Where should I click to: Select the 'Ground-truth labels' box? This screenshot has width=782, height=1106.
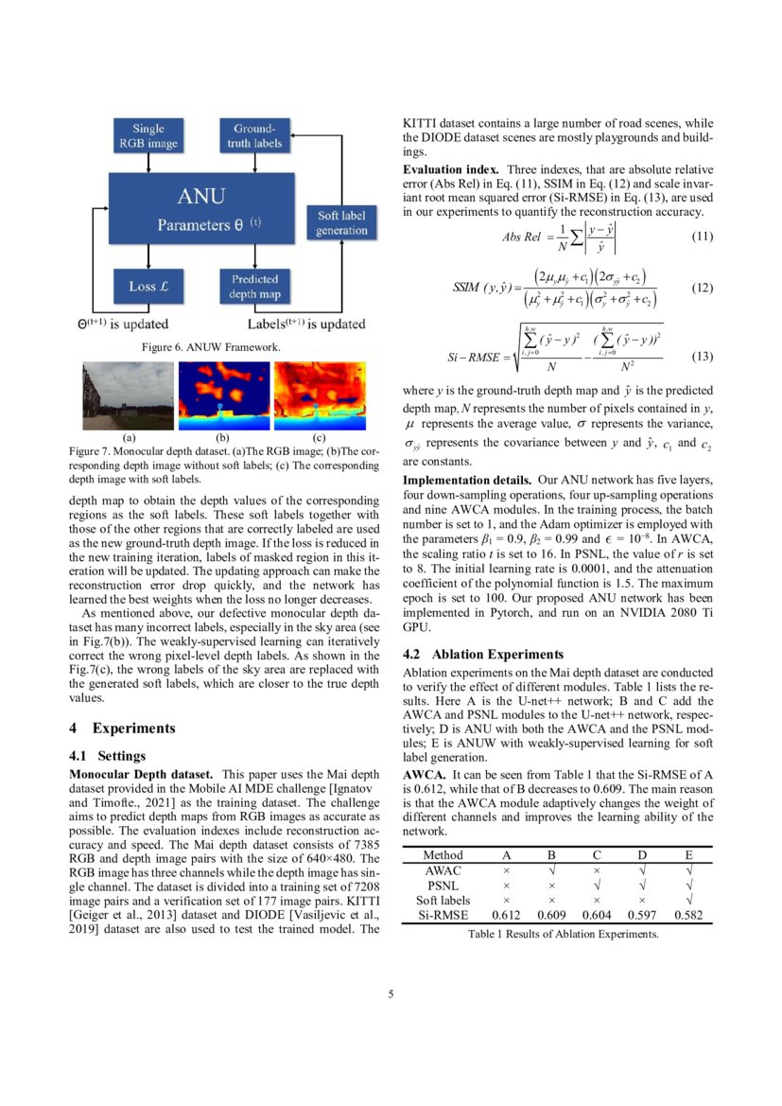point(254,135)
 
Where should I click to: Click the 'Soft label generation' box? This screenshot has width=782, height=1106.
point(341,222)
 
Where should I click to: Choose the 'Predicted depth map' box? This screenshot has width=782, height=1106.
point(254,285)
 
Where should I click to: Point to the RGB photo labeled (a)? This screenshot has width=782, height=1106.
point(128,395)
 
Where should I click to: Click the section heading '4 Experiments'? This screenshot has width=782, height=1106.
point(123,728)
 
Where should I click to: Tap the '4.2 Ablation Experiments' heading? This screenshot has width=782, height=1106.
point(483,654)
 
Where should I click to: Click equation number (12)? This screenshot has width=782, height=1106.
point(702,287)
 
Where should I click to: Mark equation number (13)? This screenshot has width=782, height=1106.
point(702,358)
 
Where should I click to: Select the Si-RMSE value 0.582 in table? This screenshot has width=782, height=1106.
point(689,915)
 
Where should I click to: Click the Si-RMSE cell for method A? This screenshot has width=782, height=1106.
point(507,915)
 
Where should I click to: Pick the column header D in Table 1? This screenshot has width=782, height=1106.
point(643,854)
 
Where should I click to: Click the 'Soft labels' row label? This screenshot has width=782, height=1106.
point(443,900)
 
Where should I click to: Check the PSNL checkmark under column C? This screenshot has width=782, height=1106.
point(598,885)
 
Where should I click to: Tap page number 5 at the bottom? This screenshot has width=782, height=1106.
point(391,994)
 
